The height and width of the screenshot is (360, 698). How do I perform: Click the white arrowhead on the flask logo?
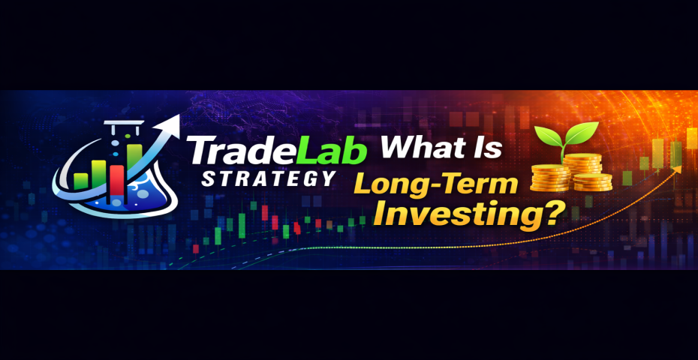[x=171, y=123]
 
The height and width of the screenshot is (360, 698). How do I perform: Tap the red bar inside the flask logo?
[x=116, y=180]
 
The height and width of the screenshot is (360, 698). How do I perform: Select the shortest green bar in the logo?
[x=81, y=181]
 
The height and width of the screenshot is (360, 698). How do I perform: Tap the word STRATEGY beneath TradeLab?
[x=269, y=178]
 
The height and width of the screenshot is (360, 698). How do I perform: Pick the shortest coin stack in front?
[x=592, y=182]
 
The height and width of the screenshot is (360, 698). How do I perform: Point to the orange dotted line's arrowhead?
[x=677, y=169]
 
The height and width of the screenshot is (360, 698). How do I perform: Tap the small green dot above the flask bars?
[x=128, y=136]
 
